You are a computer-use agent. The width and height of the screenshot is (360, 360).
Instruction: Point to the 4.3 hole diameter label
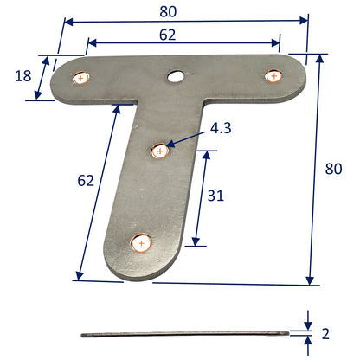(221, 130)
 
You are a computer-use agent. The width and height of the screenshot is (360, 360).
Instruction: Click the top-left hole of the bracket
(81, 78)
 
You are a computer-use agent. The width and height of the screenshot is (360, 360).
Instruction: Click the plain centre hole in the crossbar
(177, 77)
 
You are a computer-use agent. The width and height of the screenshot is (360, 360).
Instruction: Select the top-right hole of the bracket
(273, 75)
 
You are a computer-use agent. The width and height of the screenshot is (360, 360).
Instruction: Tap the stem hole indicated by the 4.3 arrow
(159, 151)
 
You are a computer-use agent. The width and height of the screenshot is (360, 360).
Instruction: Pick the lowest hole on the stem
(139, 243)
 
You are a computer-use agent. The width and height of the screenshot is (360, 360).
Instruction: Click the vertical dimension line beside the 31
(201, 197)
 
